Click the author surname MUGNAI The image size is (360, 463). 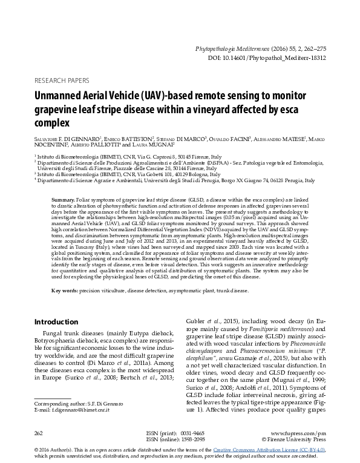(160, 146)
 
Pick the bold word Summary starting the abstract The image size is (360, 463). (63, 199)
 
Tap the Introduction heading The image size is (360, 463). (56, 321)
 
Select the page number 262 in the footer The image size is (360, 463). (40, 434)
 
